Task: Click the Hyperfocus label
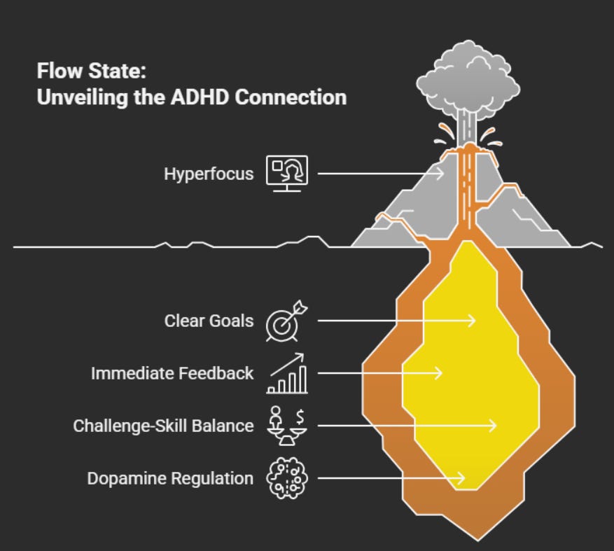[x=209, y=173]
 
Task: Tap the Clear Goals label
[x=209, y=321]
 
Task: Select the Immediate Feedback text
[x=172, y=373]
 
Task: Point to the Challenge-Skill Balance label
[x=163, y=425]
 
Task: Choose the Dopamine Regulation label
[x=170, y=478]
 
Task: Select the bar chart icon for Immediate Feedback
[x=287, y=373]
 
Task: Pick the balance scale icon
[x=287, y=424]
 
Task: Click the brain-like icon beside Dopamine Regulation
[x=287, y=478]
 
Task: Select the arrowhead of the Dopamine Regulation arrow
[x=463, y=478]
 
